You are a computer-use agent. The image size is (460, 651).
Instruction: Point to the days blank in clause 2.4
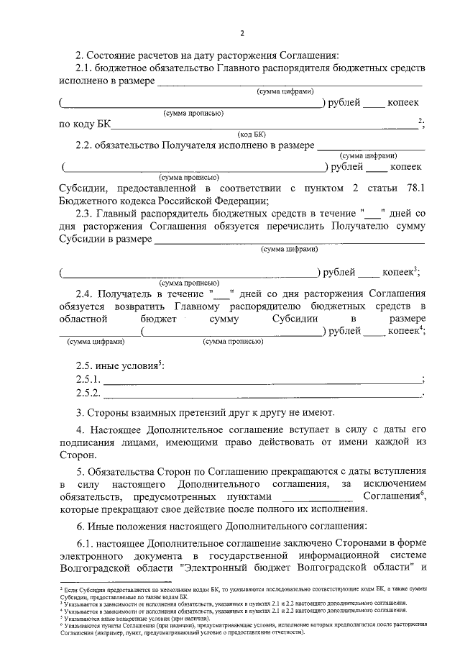[221, 293]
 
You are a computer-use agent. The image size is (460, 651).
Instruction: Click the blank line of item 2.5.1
[262, 381]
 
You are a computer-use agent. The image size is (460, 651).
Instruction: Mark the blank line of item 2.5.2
[262, 395]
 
